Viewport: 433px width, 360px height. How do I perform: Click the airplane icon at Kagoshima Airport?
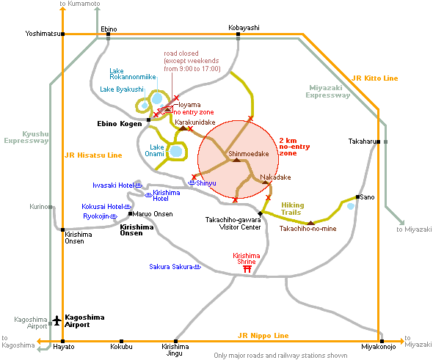57,320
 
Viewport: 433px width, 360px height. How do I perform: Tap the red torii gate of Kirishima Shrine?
247,269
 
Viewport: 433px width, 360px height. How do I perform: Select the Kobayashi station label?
244,28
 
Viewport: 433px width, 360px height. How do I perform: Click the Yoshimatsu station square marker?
63,34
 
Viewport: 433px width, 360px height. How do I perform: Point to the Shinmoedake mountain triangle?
236,160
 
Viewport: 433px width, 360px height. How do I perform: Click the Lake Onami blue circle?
176,152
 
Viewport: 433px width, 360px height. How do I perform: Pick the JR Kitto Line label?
375,78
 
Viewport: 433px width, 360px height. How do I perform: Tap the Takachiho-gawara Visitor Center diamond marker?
260,213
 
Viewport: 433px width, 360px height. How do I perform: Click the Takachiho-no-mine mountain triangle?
311,223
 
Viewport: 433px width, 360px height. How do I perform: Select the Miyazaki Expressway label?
328,92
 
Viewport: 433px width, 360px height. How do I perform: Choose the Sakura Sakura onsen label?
171,267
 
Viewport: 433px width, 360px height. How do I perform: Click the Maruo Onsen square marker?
131,213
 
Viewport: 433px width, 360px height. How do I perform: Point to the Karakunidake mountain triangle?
183,128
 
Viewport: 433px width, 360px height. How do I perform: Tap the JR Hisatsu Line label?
93,155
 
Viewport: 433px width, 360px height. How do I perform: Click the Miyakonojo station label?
378,347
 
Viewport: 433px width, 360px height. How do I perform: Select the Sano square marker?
357,197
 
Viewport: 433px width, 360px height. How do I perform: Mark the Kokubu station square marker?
121,341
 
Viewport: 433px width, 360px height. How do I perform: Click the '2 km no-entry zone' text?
294,147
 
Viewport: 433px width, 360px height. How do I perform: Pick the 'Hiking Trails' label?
292,209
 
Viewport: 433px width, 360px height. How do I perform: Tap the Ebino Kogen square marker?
148,120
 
